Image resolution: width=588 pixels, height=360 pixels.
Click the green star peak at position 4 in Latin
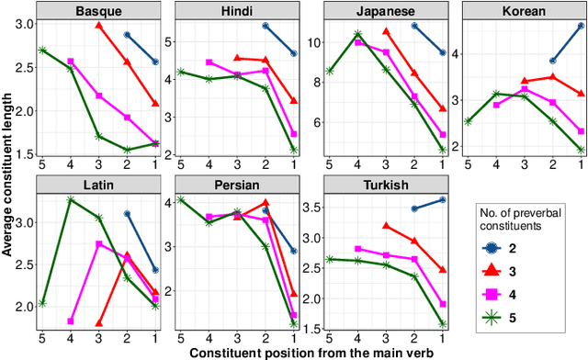(x=71, y=199)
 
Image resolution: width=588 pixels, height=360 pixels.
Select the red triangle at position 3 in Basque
(x=99, y=25)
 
